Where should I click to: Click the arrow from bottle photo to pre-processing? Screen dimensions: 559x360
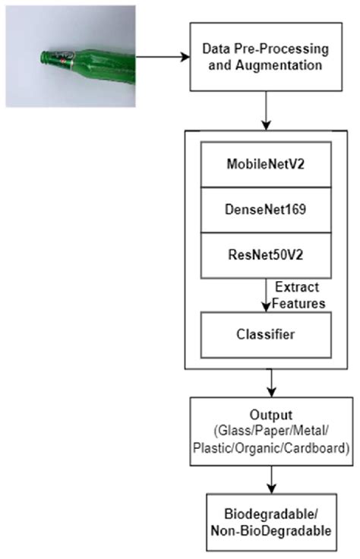163,56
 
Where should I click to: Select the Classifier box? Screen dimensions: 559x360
266,334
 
